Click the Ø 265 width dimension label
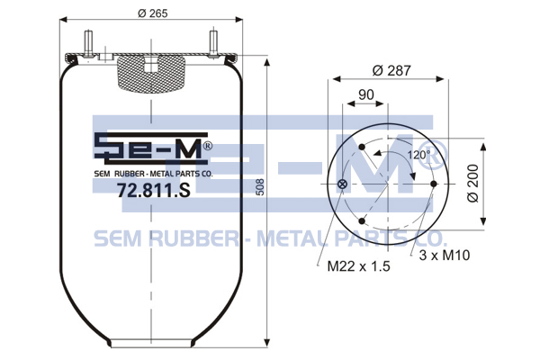(x=153, y=13)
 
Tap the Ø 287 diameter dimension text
(x=391, y=70)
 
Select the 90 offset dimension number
(x=366, y=94)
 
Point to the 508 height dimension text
(x=261, y=187)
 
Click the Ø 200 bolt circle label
(x=474, y=184)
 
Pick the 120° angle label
(x=418, y=155)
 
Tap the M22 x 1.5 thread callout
(x=358, y=266)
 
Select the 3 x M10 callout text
(x=445, y=256)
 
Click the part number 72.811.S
(x=153, y=190)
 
